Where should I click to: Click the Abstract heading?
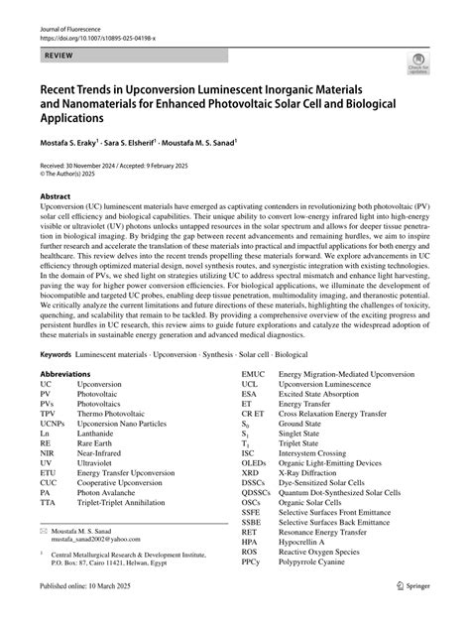(x=56, y=197)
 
